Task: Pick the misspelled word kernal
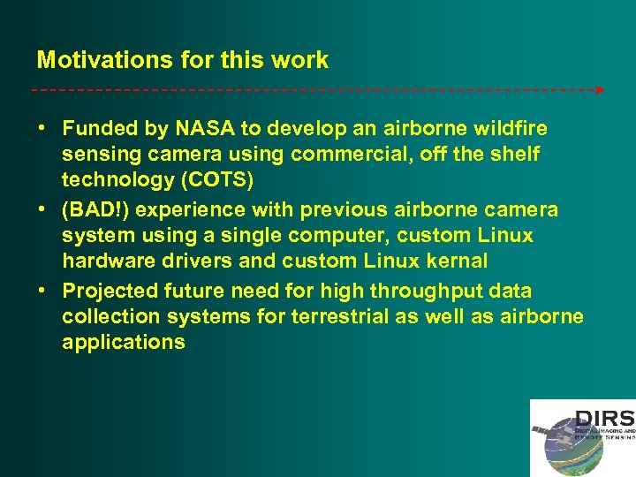tap(457, 261)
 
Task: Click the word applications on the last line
tap(124, 342)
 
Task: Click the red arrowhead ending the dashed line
tap(600, 90)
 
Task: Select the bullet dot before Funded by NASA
tap(42, 129)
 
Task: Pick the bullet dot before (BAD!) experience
tap(42, 210)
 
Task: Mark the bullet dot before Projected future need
tap(42, 291)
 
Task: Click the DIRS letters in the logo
tap(604, 418)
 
